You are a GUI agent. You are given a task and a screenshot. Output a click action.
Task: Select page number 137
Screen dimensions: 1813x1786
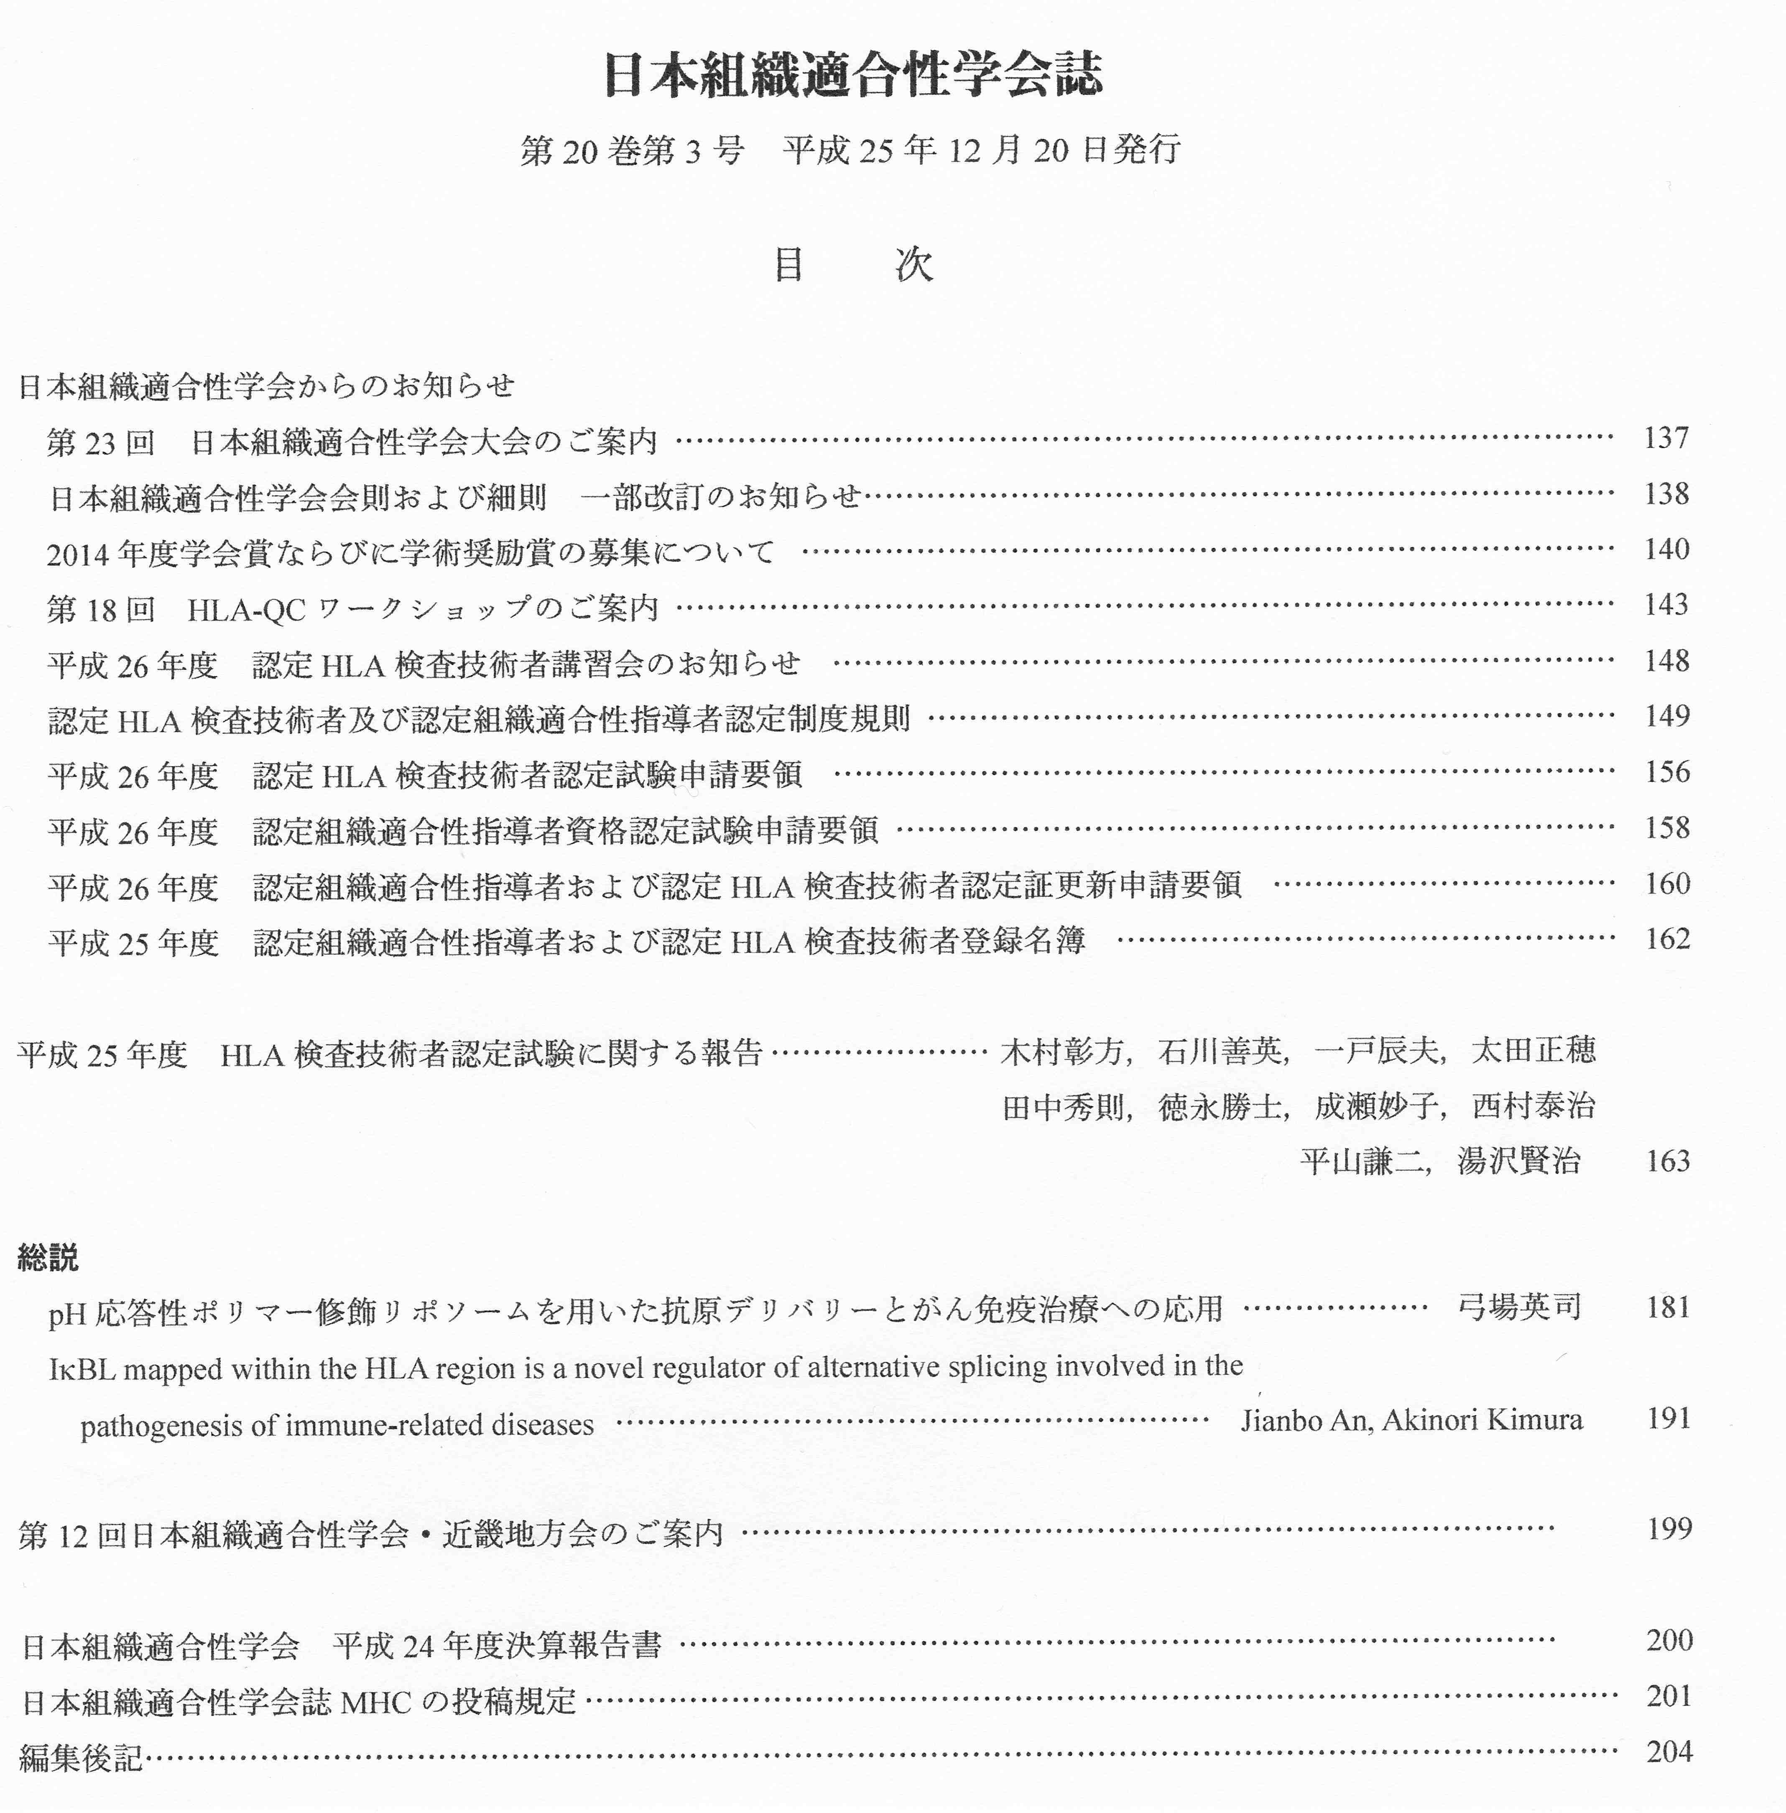(x=1666, y=438)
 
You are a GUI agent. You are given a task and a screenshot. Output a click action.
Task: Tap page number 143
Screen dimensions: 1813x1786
(x=1666, y=605)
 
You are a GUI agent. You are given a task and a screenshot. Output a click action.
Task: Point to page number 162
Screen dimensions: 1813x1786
(x=1667, y=939)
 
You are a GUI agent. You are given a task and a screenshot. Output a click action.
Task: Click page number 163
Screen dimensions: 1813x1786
(x=1667, y=1161)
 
